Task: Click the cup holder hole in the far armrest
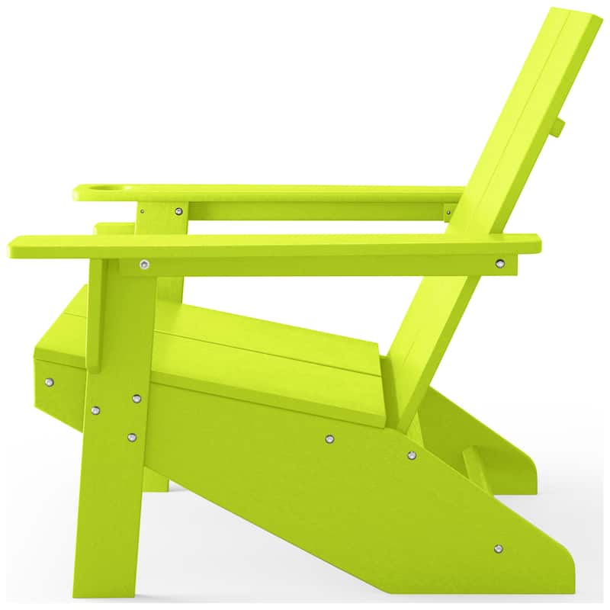click(104, 186)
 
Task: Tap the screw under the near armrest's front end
click(144, 265)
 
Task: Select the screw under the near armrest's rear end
click(500, 264)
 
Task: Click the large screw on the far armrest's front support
click(178, 211)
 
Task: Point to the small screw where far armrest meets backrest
click(448, 211)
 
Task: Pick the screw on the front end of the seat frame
click(50, 382)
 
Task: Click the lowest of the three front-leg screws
click(132, 437)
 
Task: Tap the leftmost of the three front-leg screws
click(95, 410)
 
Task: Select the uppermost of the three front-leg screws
click(136, 398)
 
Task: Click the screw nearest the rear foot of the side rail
click(498, 548)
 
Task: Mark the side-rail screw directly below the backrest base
click(411, 455)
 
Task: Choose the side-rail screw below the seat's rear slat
click(329, 438)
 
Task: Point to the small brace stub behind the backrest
click(559, 127)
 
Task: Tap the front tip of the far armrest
click(77, 192)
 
